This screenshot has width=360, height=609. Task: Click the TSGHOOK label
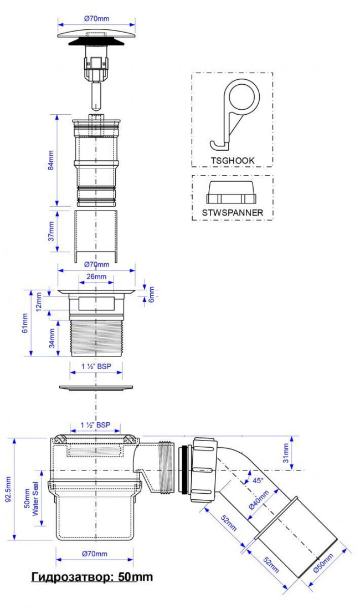pyautogui.click(x=233, y=160)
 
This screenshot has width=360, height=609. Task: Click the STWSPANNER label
pyautogui.click(x=232, y=212)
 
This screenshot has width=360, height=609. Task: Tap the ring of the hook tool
pyautogui.click(x=244, y=98)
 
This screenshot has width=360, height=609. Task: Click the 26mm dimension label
pyautogui.click(x=96, y=277)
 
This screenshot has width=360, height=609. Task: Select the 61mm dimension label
pyautogui.click(x=25, y=323)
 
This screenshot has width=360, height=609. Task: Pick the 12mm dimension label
pyautogui.click(x=39, y=301)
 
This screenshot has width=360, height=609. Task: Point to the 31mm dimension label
pyautogui.click(x=286, y=453)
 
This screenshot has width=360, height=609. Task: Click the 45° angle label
pyautogui.click(x=258, y=480)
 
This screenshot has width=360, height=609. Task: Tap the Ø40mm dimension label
pyautogui.click(x=259, y=501)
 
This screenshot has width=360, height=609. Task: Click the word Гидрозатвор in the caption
pyautogui.click(x=70, y=577)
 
